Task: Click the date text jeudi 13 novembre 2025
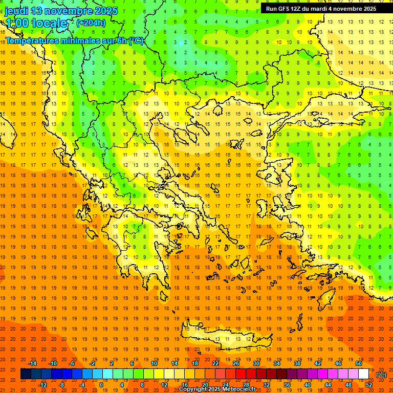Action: pos(61,11)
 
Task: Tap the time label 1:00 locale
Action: pos(36,23)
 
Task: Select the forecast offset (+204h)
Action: pos(91,23)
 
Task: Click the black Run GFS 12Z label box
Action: pos(321,8)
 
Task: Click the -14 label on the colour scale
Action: pos(33,363)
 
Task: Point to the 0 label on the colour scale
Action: pos(101,385)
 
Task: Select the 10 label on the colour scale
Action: pos(154,363)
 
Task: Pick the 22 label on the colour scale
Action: pos(215,363)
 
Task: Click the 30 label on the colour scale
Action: pos(256,363)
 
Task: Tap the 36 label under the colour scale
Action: pos(287,385)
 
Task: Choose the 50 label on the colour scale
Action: pos(359,363)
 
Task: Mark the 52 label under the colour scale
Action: pos(368,385)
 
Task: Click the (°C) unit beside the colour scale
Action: pos(381,375)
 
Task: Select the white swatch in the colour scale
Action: pos(363,374)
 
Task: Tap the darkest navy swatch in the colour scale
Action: pos(26,374)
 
